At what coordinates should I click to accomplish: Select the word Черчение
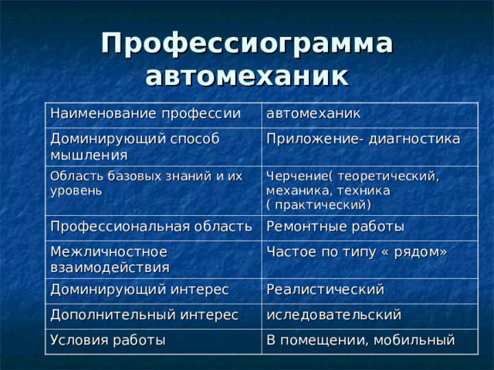pos(294,176)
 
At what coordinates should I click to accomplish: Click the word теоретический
pos(385,176)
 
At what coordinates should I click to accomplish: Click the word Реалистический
pos(325,289)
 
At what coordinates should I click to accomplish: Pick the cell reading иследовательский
pos(333,314)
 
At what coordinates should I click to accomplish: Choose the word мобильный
pos(414,340)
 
